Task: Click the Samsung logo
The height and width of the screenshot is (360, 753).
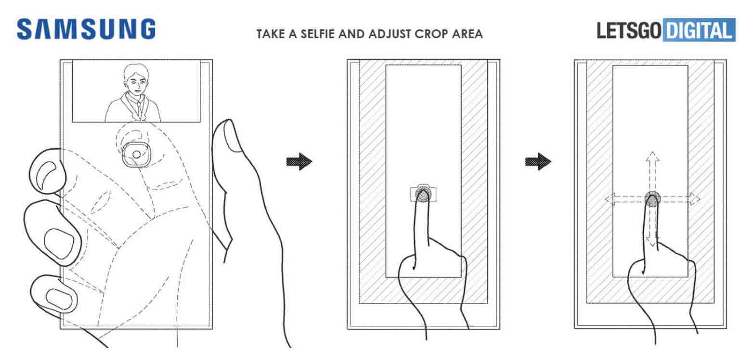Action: tap(86, 29)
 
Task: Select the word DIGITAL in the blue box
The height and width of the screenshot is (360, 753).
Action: tap(699, 31)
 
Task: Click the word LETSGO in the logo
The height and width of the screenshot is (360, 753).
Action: tap(629, 31)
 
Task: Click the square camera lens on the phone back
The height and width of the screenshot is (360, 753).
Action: tap(136, 154)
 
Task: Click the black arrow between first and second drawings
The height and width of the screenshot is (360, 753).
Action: tap(299, 162)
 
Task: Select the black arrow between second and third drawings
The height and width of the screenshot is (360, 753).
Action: tap(538, 162)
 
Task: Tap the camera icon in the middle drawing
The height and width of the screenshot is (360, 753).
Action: tap(423, 193)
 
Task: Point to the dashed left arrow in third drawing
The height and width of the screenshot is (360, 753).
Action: tap(625, 199)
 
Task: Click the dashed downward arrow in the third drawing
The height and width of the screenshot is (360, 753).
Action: tap(652, 226)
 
